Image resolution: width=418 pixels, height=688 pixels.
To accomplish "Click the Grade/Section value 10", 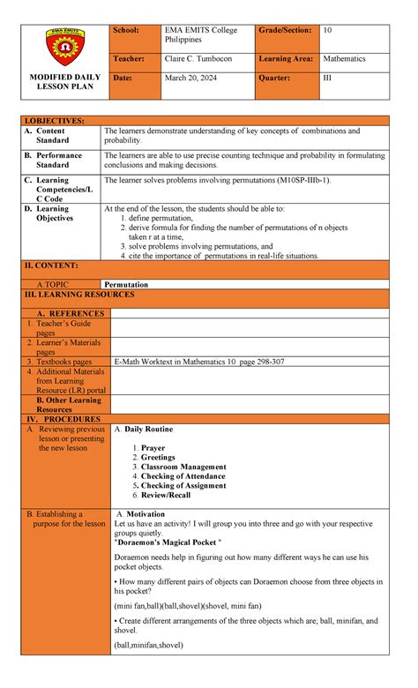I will [x=327, y=31].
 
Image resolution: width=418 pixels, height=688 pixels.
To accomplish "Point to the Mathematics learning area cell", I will [x=344, y=59].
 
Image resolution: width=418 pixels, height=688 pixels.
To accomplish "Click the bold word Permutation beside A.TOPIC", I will [x=126, y=285].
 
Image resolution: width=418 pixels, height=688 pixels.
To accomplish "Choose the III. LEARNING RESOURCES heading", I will [x=78, y=295].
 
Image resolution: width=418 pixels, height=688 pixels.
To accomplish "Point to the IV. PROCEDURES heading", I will [x=63, y=419].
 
